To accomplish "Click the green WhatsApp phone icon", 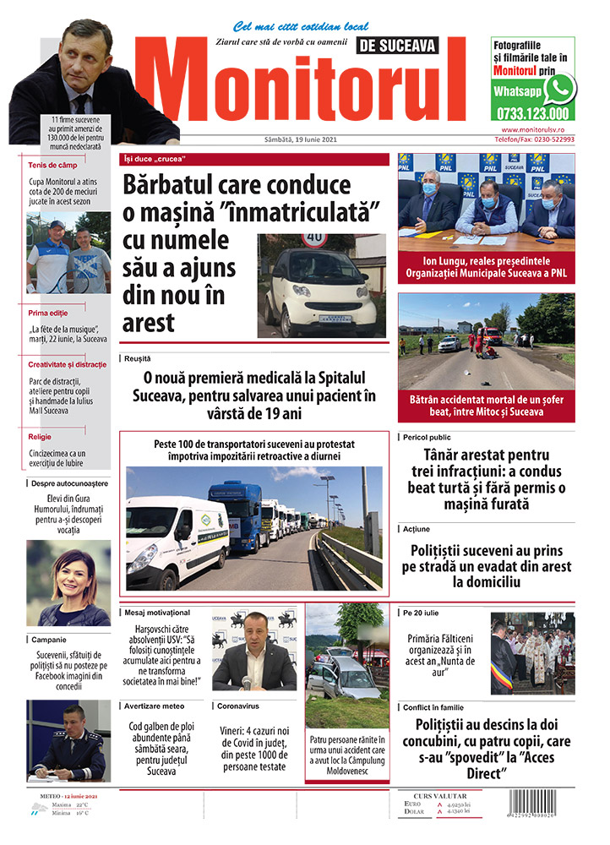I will pyautogui.click(x=558, y=89).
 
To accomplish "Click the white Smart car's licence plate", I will pyautogui.click(x=335, y=317).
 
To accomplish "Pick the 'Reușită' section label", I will pyautogui.click(x=137, y=359).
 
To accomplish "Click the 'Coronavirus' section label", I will pyautogui.click(x=237, y=705).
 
